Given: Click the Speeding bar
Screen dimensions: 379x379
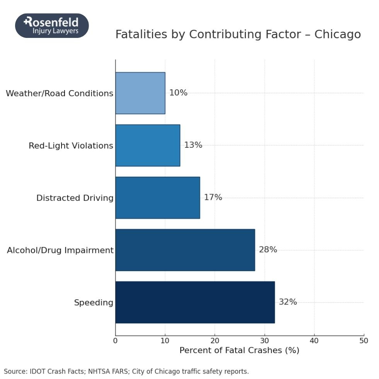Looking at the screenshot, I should (x=195, y=302).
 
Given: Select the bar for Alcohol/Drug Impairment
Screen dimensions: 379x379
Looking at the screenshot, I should (x=185, y=250).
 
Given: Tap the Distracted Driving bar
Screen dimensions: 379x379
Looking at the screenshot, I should (x=157, y=198).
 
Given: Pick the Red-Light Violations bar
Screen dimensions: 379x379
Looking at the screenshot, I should (x=147, y=145).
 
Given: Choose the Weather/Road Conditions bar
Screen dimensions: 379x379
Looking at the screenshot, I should (x=140, y=93).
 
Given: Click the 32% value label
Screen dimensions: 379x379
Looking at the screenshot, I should (x=288, y=302).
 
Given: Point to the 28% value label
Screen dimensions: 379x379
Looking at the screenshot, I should (x=268, y=250).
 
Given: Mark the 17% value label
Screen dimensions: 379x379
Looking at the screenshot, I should (x=213, y=198).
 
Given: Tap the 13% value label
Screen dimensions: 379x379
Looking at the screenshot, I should (x=193, y=145).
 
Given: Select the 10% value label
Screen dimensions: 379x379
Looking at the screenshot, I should (x=178, y=93).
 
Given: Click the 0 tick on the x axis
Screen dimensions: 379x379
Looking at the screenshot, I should (x=115, y=341).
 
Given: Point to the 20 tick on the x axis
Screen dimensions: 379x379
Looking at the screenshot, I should (x=215, y=341).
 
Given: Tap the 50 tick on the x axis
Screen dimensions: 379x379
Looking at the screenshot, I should (x=364, y=341).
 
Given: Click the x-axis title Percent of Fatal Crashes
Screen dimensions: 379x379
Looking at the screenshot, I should (x=239, y=351).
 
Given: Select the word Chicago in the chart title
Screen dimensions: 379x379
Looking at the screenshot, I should (x=337, y=34).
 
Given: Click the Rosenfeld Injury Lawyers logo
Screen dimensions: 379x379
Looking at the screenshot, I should (x=52, y=26).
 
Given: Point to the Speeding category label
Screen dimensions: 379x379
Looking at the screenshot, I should (x=94, y=302).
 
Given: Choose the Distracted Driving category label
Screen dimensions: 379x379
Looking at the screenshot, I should (x=75, y=198).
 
